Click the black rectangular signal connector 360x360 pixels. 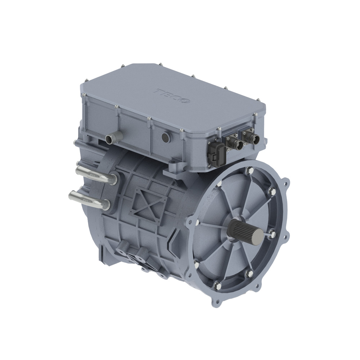[x=216, y=154]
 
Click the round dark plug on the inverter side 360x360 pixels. [x=165, y=137]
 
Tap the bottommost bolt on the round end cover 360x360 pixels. [x=219, y=287]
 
